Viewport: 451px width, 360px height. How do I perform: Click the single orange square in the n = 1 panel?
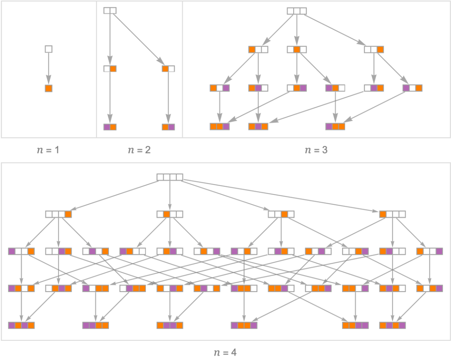pos(48,88)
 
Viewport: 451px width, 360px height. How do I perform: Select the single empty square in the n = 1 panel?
pos(48,49)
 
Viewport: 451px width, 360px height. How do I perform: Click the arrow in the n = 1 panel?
pos(48,69)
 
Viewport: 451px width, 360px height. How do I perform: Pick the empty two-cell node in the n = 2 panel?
pos(110,10)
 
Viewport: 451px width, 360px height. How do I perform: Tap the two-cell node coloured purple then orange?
pos(110,127)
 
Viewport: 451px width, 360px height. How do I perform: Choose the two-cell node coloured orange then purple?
pos(168,127)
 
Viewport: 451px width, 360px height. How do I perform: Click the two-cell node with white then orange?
pos(110,69)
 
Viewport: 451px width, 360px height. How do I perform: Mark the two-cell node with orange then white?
pos(168,69)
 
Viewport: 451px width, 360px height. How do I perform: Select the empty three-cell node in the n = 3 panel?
pos(296,11)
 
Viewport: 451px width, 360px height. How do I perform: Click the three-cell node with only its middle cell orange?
pos(296,49)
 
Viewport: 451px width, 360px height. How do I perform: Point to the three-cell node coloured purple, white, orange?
pos(412,88)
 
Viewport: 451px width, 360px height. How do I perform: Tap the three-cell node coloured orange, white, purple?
pos(220,88)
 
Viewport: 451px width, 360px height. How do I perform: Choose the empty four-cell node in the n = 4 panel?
pos(170,177)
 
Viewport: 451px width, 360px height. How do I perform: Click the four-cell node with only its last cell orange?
pos(58,214)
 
